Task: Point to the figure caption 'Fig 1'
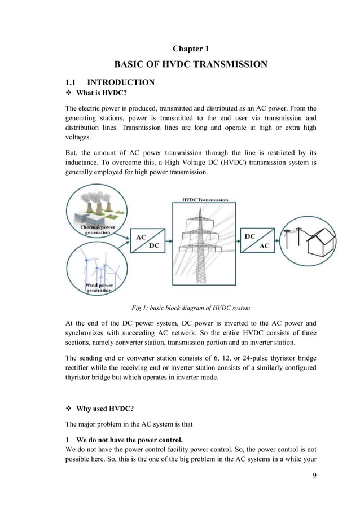190,308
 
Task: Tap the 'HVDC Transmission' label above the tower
205,200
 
